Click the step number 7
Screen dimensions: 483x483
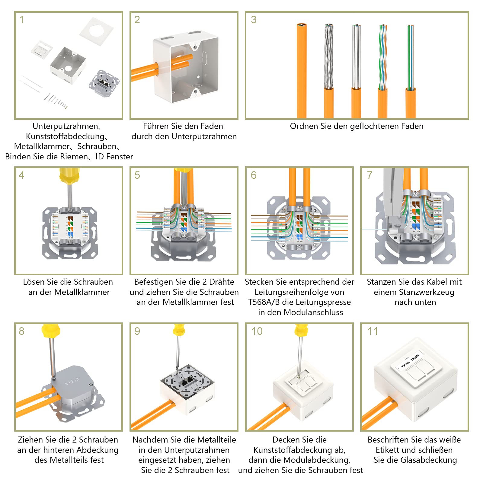369,175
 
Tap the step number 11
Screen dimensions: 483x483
372,331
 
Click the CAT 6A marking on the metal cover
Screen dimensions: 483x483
72,381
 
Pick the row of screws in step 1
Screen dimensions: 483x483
56,101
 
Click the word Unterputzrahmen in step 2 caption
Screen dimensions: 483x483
204,136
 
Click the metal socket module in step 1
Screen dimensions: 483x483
104,83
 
